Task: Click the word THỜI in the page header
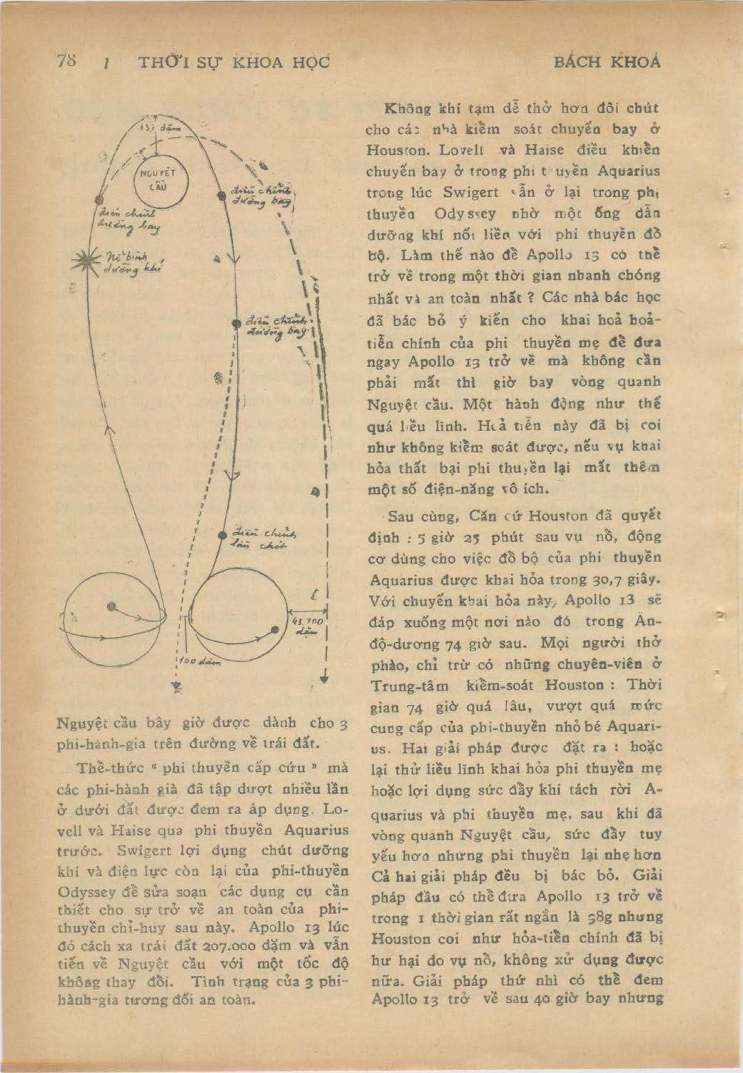click(x=160, y=62)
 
